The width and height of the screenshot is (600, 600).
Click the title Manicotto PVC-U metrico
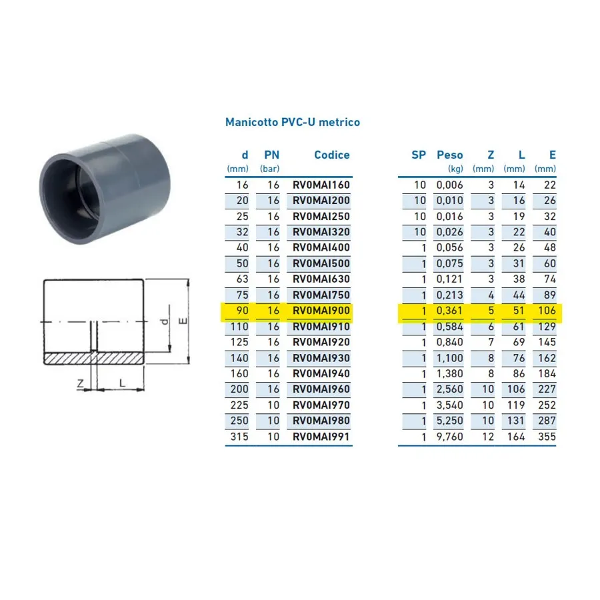point(293,122)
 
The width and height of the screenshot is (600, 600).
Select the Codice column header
point(332,155)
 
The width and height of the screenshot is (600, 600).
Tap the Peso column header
point(449,155)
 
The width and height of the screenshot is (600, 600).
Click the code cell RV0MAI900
point(321,310)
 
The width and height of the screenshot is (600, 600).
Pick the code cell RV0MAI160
point(321,185)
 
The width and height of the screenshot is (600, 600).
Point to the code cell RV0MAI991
point(321,437)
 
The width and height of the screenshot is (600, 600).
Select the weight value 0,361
point(449,310)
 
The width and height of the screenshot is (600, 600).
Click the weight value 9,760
point(449,437)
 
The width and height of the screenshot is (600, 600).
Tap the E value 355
point(547,437)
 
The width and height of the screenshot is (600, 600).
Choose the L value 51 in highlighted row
point(519,310)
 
